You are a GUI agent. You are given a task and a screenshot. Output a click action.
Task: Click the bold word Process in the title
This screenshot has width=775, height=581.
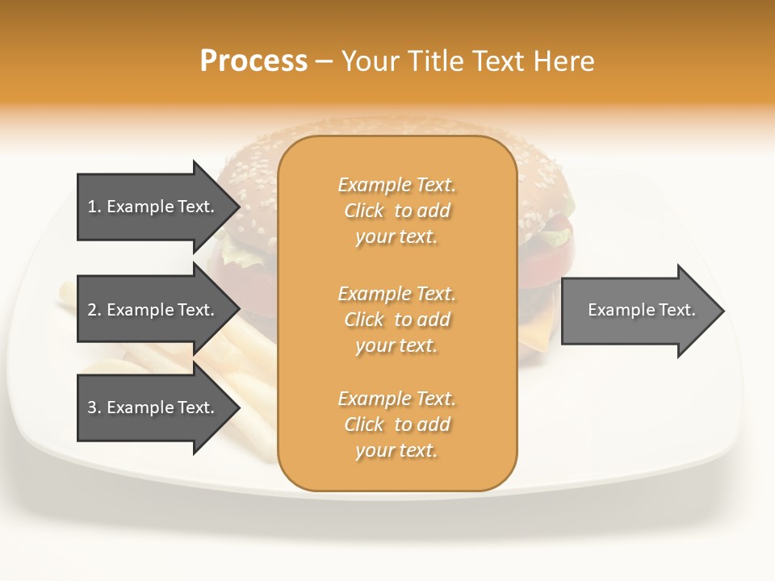click(253, 61)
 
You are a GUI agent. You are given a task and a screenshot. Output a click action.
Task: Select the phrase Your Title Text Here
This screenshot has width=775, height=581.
click(468, 61)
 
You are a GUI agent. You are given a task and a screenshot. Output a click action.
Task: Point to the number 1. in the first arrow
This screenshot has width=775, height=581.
click(94, 207)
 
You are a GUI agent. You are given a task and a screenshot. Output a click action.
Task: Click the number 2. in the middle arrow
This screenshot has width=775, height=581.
click(94, 310)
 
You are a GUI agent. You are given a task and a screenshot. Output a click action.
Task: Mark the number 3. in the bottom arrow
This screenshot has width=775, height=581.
click(94, 408)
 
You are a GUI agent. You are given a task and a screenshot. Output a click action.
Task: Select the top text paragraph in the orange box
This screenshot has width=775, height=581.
click(396, 211)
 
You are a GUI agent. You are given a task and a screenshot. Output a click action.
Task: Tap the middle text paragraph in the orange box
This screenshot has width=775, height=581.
click(396, 320)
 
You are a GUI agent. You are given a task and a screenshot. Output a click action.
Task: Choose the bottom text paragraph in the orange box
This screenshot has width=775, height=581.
click(396, 424)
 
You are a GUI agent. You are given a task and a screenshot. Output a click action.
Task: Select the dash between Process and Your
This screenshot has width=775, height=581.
click(324, 62)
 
